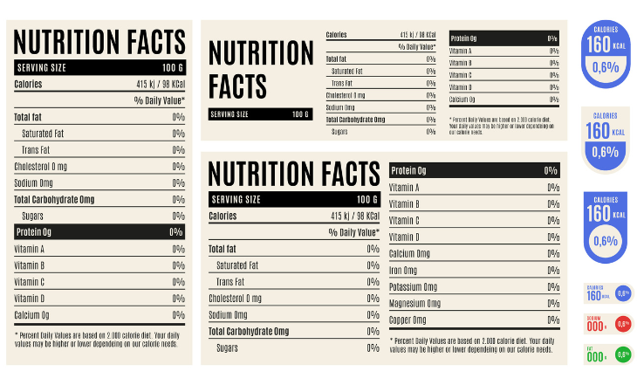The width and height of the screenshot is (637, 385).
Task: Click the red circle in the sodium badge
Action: (x=623, y=324)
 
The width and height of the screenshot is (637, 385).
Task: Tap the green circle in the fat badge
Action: (x=623, y=354)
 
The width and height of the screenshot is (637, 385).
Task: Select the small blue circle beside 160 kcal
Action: (x=623, y=294)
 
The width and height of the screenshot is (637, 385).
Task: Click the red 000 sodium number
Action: (x=596, y=326)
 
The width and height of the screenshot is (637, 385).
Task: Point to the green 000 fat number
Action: (x=596, y=356)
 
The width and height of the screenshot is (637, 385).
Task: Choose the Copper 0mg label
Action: (x=408, y=320)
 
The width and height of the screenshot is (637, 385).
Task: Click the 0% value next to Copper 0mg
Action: (x=551, y=320)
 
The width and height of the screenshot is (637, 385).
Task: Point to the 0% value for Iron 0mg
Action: (x=551, y=271)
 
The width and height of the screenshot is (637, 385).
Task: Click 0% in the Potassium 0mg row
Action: (x=551, y=287)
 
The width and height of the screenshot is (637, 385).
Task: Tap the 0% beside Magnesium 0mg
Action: (x=551, y=304)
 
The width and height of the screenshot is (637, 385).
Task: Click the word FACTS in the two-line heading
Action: (x=237, y=86)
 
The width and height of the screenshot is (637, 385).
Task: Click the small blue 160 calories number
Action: (x=594, y=295)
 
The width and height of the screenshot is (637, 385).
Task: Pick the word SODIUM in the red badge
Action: (x=594, y=318)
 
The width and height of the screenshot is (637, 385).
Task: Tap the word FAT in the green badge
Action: (x=590, y=348)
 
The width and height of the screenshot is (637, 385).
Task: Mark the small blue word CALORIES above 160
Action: (x=594, y=286)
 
